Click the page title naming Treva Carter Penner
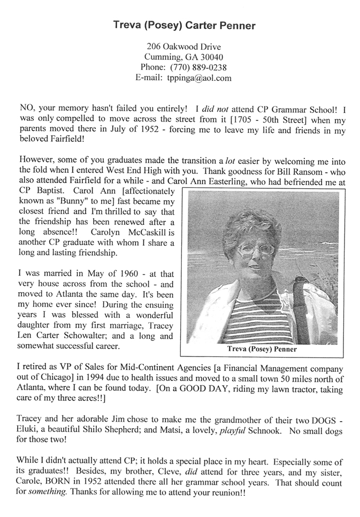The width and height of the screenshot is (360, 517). point(180,25)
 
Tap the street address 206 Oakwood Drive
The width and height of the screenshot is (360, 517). point(180,47)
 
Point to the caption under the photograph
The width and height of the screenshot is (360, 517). point(263,349)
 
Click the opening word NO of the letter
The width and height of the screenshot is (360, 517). point(25,108)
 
